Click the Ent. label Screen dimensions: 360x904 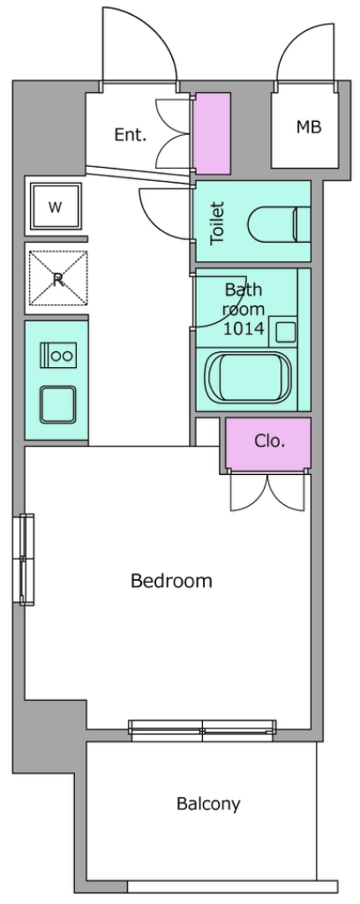(x=131, y=135)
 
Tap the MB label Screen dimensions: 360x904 (x=309, y=127)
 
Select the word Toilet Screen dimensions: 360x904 (x=216, y=222)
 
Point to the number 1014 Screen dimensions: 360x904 (x=244, y=328)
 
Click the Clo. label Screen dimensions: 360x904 (x=270, y=441)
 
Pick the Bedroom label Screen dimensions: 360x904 (x=171, y=580)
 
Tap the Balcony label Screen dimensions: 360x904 (x=208, y=803)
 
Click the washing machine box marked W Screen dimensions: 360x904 (x=56, y=207)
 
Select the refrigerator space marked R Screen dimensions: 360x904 (x=57, y=278)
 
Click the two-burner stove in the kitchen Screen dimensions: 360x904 (x=57, y=355)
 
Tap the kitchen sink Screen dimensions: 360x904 (x=57, y=403)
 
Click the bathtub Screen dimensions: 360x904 (x=249, y=378)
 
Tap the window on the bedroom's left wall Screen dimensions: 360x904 (x=26, y=559)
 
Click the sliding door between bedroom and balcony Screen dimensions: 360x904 (x=202, y=730)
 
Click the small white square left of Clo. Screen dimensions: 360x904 (x=207, y=432)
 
